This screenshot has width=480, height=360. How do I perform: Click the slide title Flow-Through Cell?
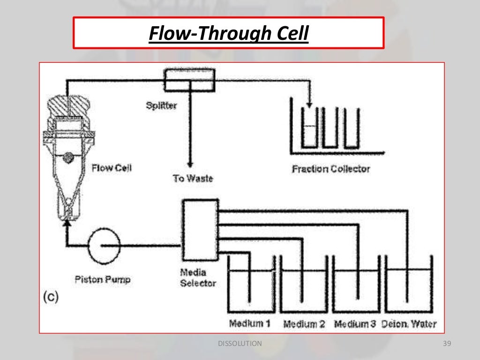228,33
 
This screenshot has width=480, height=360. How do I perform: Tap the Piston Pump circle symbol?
104,245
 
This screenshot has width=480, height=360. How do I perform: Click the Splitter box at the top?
189,80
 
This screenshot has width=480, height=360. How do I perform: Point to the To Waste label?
193,178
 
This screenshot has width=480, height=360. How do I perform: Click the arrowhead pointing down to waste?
190,164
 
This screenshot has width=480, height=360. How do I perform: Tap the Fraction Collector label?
330,169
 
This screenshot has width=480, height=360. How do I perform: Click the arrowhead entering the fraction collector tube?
309,103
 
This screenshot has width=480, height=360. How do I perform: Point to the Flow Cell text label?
112,167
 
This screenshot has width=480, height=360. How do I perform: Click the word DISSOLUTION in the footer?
240,344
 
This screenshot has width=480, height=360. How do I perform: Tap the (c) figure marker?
51,298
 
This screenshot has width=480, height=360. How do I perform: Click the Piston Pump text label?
102,280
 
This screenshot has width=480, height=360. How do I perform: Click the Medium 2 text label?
304,324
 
